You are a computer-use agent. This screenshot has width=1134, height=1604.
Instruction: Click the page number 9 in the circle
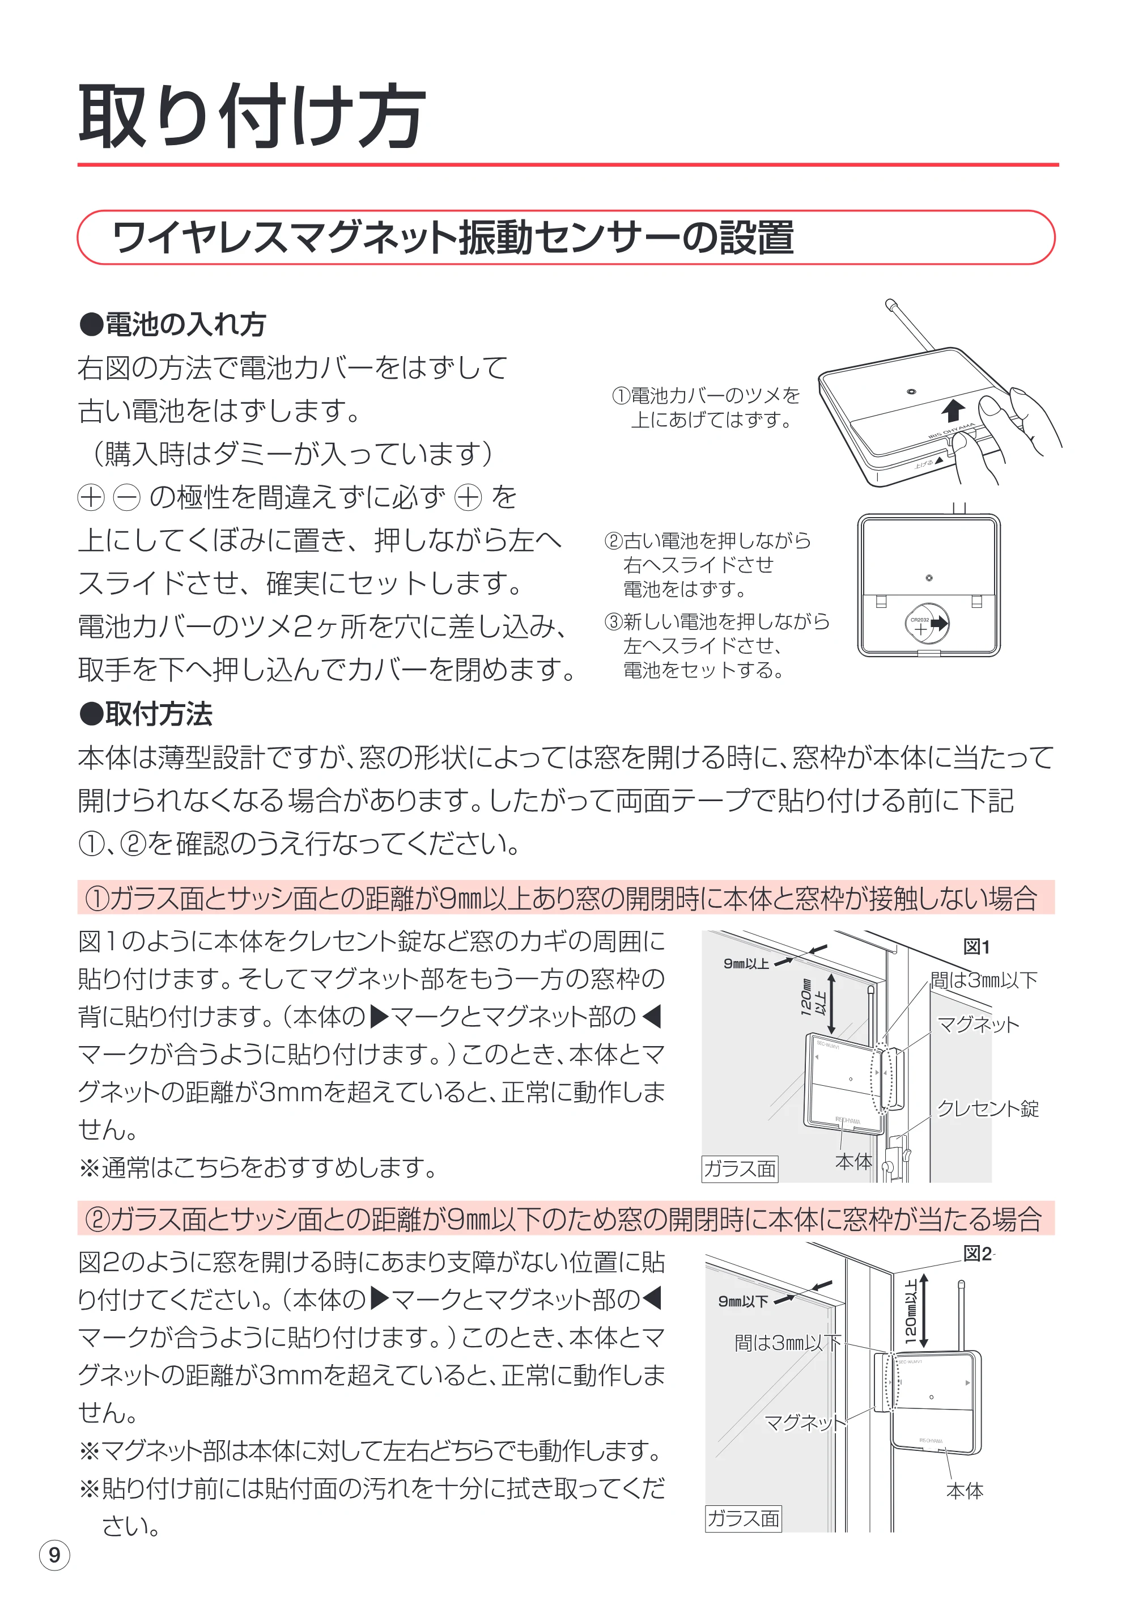pyautogui.click(x=54, y=1555)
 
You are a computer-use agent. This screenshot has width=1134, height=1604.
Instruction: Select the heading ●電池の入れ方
pyautogui.click(x=172, y=324)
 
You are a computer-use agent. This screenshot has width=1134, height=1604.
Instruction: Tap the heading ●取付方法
pyautogui.click(x=145, y=714)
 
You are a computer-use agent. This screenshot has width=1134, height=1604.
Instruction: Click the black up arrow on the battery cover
pyautogui.click(x=953, y=410)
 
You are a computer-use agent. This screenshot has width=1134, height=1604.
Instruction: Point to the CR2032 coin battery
pyautogui.click(x=926, y=624)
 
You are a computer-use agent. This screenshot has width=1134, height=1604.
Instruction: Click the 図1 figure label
pyautogui.click(x=976, y=947)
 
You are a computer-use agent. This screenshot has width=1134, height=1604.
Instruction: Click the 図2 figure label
pyautogui.click(x=977, y=1254)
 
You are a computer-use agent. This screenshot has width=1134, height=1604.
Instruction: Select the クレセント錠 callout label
pyautogui.click(x=987, y=1108)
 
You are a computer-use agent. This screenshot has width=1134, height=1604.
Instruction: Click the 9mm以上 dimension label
pyautogui.click(x=746, y=964)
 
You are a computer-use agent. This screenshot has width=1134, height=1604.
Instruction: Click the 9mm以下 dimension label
pyautogui.click(x=743, y=1301)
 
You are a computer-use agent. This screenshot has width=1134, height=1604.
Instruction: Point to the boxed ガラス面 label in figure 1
pyautogui.click(x=740, y=1169)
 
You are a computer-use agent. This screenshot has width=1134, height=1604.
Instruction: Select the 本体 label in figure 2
pyautogui.click(x=965, y=1491)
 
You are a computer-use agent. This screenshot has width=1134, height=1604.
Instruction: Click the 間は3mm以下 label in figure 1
pyautogui.click(x=984, y=980)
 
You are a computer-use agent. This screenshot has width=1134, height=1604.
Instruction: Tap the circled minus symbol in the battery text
pyautogui.click(x=126, y=498)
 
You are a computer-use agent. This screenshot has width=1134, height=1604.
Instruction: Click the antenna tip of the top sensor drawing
pyautogui.click(x=890, y=304)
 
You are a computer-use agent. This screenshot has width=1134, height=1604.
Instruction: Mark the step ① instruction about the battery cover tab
pyautogui.click(x=706, y=408)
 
